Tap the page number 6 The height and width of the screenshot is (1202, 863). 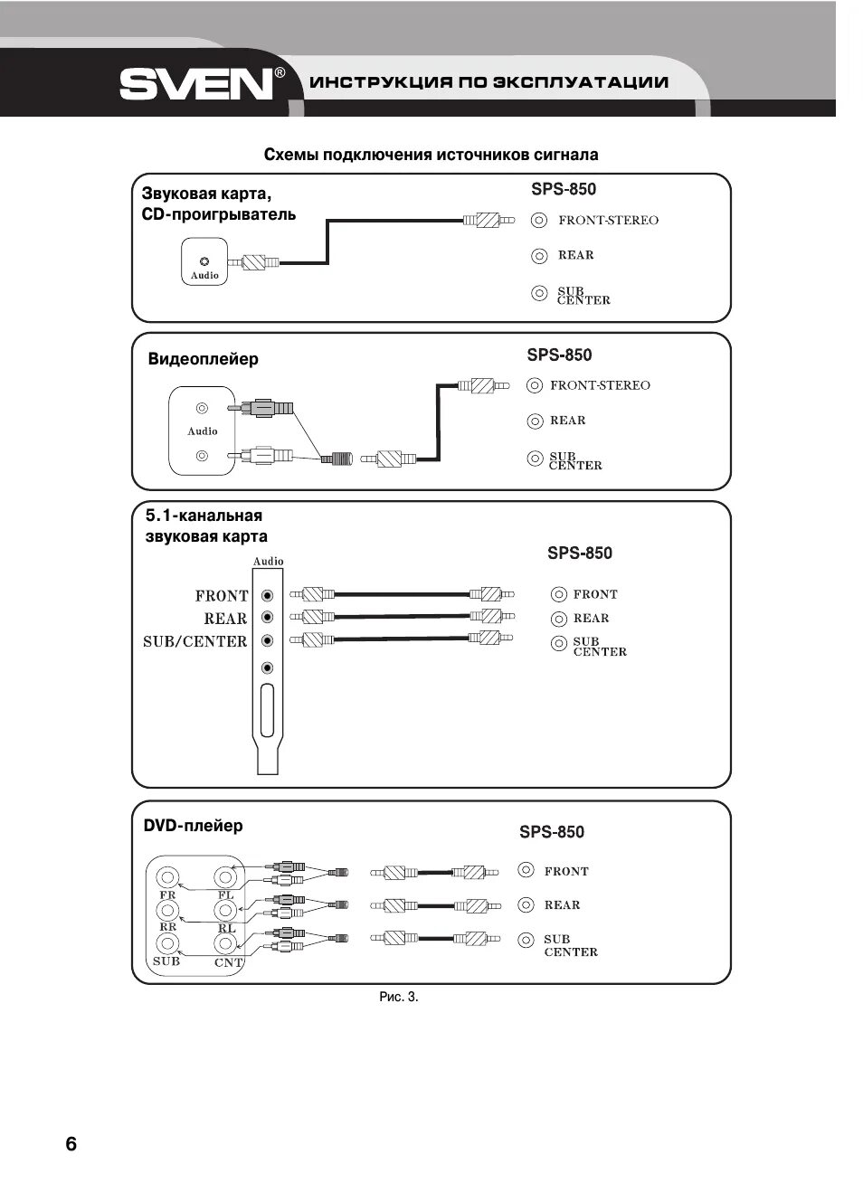tap(71, 1144)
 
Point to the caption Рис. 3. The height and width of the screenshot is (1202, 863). tap(399, 997)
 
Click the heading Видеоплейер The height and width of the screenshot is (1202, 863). tap(203, 359)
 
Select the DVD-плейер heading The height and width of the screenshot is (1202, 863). tap(193, 826)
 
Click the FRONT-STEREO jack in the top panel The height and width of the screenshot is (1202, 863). tap(539, 220)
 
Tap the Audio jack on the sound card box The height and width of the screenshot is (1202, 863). tap(204, 261)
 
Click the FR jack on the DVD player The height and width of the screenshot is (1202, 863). tap(167, 877)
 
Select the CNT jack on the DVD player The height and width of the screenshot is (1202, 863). tap(225, 944)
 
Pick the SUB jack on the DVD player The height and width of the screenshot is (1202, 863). tap(167, 944)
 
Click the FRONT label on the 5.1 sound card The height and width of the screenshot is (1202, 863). tap(221, 596)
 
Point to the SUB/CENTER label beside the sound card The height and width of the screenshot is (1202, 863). tap(194, 641)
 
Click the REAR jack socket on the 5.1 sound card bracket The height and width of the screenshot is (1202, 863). tap(267, 618)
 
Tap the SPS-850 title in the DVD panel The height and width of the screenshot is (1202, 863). tap(552, 832)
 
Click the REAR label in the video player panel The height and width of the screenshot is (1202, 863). tap(567, 421)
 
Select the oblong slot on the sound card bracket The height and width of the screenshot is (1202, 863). tap(267, 711)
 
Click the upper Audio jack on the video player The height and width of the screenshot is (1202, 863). tap(203, 409)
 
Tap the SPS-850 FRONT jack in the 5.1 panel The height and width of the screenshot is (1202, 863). tap(559, 594)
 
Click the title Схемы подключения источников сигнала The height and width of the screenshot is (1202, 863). tap(431, 155)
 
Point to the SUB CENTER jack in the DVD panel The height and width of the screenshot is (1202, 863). tap(526, 941)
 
